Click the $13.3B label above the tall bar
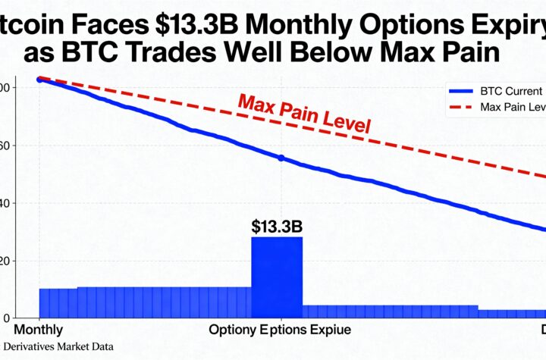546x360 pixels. (276, 225)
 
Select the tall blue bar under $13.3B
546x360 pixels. (276, 277)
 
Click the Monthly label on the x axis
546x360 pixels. (38, 330)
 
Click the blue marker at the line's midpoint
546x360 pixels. (281, 158)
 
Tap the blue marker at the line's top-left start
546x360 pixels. (39, 79)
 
